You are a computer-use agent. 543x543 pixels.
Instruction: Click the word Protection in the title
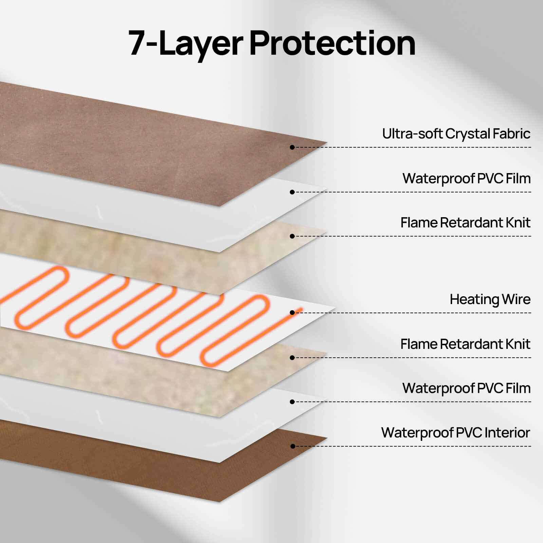333,43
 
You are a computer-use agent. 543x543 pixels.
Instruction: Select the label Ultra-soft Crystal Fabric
456,134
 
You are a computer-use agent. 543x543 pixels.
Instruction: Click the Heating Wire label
490,300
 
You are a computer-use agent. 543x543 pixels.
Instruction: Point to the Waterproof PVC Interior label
455,433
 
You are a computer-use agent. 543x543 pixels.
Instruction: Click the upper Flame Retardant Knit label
465,223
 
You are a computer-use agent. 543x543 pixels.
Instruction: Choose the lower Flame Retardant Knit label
465,344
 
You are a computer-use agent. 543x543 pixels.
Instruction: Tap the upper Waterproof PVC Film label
467,179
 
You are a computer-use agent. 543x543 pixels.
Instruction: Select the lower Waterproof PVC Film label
467,388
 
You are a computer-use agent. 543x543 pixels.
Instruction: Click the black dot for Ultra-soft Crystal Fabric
292,147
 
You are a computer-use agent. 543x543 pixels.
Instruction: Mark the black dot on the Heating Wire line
292,313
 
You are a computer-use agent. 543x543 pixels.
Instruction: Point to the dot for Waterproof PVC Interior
293,446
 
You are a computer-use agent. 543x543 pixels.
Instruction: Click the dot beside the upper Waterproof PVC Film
292,192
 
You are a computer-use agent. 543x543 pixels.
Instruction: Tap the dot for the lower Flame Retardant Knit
292,358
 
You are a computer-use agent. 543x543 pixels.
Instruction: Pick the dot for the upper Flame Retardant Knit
292,236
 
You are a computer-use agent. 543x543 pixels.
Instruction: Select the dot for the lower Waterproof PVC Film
292,402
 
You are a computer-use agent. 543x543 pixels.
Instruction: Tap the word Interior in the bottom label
507,433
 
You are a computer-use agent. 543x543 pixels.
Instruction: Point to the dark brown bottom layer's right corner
327,438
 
